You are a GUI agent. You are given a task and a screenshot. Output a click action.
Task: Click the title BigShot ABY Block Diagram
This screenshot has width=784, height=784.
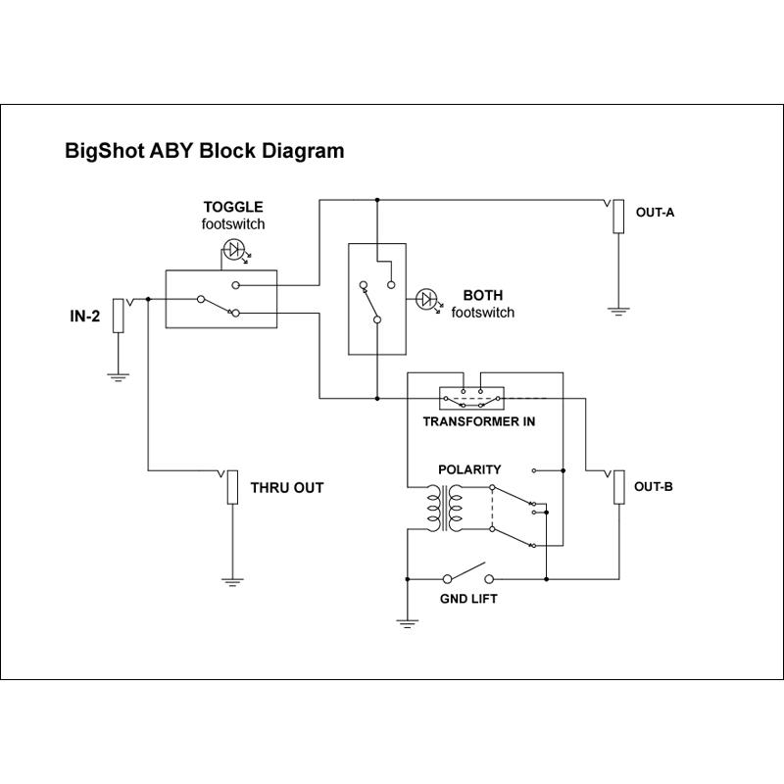coord(204,151)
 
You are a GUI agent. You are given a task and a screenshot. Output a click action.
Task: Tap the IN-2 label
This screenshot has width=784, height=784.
coord(84,317)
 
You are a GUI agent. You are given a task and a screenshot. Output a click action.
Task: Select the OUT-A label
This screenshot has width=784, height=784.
coord(655,212)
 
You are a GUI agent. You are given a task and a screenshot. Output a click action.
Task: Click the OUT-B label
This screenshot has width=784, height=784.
coord(653,487)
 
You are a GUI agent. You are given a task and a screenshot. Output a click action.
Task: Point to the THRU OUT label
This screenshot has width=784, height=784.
coord(287,487)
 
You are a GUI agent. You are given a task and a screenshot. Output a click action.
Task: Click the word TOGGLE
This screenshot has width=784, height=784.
coord(233,207)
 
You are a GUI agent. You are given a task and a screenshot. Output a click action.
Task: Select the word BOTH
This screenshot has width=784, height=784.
coord(482,295)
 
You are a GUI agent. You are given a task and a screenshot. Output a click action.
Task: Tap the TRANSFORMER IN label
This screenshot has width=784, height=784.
coord(479,421)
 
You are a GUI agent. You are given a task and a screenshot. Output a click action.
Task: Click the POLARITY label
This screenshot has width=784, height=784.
coord(469,469)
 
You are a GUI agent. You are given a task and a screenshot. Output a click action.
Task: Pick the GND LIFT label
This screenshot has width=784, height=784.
coord(469,598)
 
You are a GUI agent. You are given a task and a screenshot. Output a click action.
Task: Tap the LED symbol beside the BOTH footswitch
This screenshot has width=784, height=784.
coord(428,299)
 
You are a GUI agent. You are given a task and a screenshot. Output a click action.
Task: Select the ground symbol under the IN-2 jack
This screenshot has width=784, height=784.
coord(118,376)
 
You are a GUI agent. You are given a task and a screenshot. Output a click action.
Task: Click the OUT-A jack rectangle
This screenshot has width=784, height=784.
coord(618,218)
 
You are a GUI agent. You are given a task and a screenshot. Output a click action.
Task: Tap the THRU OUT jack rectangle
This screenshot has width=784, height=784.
coord(233,487)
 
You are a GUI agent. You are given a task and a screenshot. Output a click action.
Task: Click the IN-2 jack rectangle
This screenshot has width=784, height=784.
coord(118,316)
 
